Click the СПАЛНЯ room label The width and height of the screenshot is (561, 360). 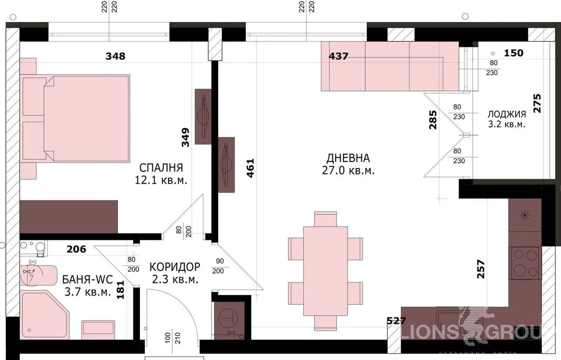(161, 167)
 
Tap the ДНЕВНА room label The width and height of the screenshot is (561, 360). (348, 158)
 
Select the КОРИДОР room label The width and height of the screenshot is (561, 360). (175, 267)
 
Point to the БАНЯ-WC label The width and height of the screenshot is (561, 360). (87, 279)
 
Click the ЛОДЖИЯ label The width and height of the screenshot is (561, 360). (507, 114)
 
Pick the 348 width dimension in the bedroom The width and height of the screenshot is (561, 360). (115, 56)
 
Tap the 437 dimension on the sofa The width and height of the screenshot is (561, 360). (338, 56)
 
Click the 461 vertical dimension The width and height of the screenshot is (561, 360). (250, 168)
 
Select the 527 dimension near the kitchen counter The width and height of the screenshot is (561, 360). (396, 320)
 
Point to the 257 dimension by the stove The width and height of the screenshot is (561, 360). (481, 269)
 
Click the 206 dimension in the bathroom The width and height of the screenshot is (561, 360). (76, 249)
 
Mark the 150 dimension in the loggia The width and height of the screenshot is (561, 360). (513, 53)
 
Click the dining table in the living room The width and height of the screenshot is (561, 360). (325, 271)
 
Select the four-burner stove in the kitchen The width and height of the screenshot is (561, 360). (525, 263)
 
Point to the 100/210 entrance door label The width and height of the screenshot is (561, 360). (172, 338)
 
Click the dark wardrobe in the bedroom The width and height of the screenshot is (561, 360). (68, 217)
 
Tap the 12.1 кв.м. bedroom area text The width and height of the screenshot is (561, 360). (161, 180)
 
